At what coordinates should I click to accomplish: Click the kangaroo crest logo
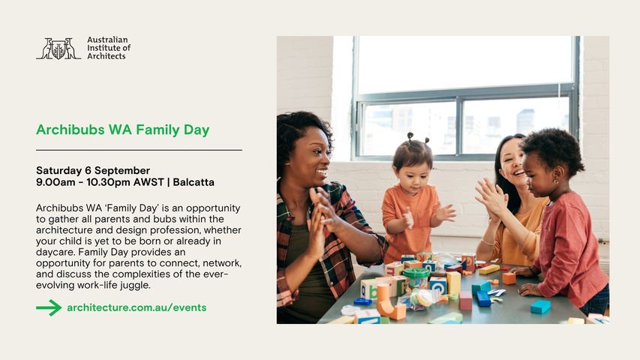(59, 49)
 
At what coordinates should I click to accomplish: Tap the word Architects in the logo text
(106, 56)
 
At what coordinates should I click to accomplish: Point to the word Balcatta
(194, 182)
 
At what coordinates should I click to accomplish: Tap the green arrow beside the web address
(49, 307)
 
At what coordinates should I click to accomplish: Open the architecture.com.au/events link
(137, 307)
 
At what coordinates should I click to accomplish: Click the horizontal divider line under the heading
(139, 150)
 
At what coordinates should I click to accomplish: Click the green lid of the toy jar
(416, 273)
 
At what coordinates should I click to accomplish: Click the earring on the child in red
(555, 180)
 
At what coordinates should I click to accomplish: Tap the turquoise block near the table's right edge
(540, 307)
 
